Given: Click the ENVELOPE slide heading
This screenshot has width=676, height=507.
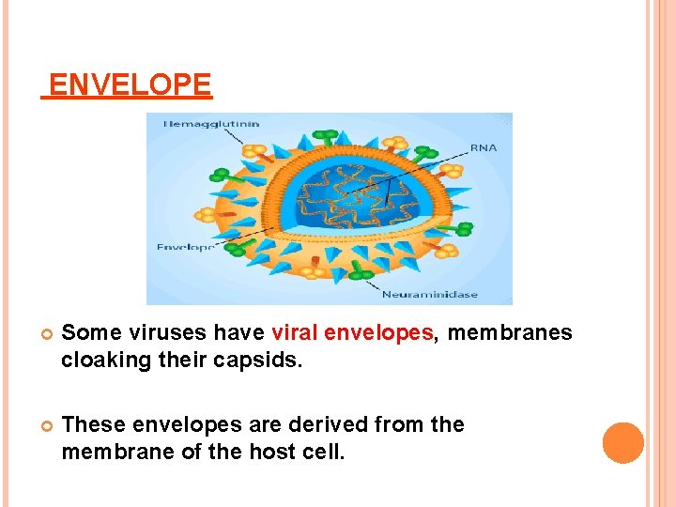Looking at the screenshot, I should (130, 85).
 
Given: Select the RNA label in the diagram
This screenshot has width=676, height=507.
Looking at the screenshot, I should (484, 147).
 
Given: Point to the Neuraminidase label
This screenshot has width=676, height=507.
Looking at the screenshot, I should (429, 294).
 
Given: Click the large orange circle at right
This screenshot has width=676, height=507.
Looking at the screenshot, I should (623, 443).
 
